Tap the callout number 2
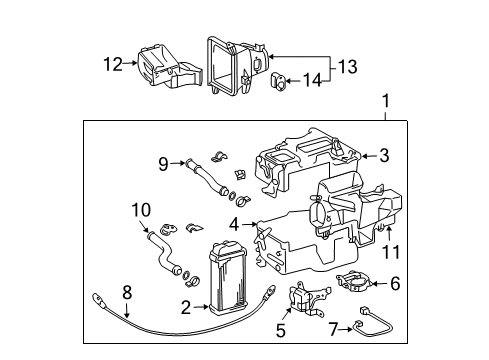tap(186, 308)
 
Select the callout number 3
tap(383, 155)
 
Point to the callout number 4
tap(234, 224)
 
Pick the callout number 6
tap(394, 284)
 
